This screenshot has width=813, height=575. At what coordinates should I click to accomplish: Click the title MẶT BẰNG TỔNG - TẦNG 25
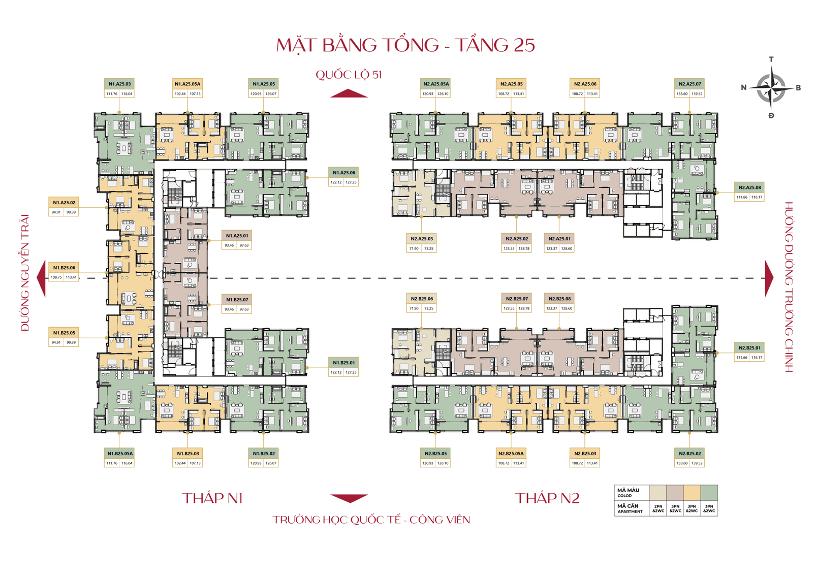coord(405,45)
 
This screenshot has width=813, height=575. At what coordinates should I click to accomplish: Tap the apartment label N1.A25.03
coord(119,84)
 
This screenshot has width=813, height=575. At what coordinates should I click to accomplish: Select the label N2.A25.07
coord(690,84)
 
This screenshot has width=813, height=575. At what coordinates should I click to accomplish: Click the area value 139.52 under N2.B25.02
coord(697,463)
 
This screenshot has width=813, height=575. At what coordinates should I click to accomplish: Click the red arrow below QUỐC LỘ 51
coord(349,93)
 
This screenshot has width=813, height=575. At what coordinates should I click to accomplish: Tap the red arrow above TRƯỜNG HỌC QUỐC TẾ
coord(349,498)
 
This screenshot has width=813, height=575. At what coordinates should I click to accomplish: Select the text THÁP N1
coord(212,498)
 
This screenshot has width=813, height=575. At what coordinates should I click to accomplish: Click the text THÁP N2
coord(547,498)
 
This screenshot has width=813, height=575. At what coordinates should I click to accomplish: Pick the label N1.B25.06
coord(64,268)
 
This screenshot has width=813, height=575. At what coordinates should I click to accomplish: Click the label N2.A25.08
coord(749,187)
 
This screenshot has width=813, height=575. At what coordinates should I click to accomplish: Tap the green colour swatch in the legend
coord(709,493)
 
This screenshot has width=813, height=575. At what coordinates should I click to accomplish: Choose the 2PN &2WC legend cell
coord(658,508)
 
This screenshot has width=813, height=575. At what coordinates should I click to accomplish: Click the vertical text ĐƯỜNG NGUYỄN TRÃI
coord(25,273)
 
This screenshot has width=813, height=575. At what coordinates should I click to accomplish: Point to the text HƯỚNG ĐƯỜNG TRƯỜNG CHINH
coord(789,287)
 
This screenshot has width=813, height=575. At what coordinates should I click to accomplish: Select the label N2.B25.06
coord(422,299)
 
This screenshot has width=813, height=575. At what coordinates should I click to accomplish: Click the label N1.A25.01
coord(237,236)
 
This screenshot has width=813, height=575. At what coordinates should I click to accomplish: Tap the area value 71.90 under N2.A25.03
coord(414,249)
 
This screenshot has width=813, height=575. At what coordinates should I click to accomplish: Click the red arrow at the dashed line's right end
coord(769,278)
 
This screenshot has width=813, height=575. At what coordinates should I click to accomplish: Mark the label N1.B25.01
coord(344,363)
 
